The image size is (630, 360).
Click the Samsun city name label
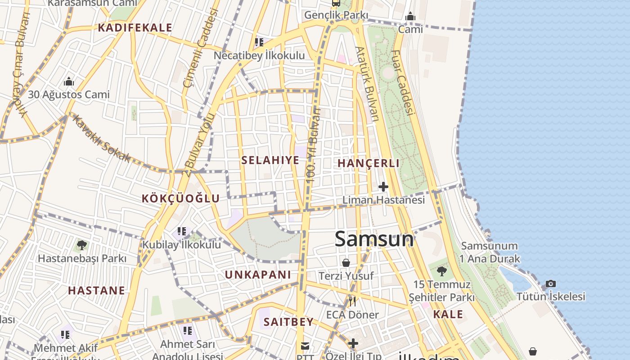point(374,239)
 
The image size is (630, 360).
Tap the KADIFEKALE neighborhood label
point(135,28)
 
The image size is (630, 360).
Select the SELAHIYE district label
point(270,160)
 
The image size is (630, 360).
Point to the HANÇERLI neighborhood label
point(369,163)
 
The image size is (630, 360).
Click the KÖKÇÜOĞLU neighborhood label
point(181,198)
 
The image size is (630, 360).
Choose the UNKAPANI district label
point(258,274)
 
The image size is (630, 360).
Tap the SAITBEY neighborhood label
point(288,322)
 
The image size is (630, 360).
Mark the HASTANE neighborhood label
point(97,290)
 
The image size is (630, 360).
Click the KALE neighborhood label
point(448,314)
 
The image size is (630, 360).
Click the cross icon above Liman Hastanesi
point(383,186)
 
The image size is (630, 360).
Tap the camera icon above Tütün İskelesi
point(551,283)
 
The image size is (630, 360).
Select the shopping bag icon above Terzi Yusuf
point(346,262)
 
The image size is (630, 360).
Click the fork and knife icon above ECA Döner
point(352,301)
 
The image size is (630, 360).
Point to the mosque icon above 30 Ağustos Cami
point(69,81)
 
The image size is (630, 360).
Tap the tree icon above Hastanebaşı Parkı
point(81,245)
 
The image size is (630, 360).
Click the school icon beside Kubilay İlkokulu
point(182,231)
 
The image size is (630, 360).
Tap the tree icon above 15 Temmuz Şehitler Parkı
point(442,271)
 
